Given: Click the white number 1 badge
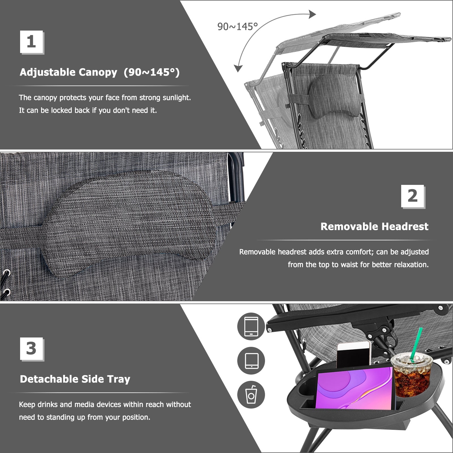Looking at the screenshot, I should click(x=31, y=42).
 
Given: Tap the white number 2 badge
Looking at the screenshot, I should click(x=413, y=196).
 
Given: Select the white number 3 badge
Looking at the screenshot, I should click(x=31, y=349).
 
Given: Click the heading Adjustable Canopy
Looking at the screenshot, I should click(x=68, y=72).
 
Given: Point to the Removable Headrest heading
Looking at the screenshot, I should click(x=374, y=226).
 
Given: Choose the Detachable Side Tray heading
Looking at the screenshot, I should click(x=75, y=379).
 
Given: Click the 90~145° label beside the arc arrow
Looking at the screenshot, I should click(x=238, y=27).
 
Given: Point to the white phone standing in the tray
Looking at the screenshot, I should click(x=354, y=355).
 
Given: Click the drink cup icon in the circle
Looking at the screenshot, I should click(x=251, y=395).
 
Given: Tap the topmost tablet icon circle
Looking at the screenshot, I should click(x=251, y=326).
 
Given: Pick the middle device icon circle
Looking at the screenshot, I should click(x=251, y=360).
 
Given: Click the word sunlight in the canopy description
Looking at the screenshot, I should click(x=176, y=98).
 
